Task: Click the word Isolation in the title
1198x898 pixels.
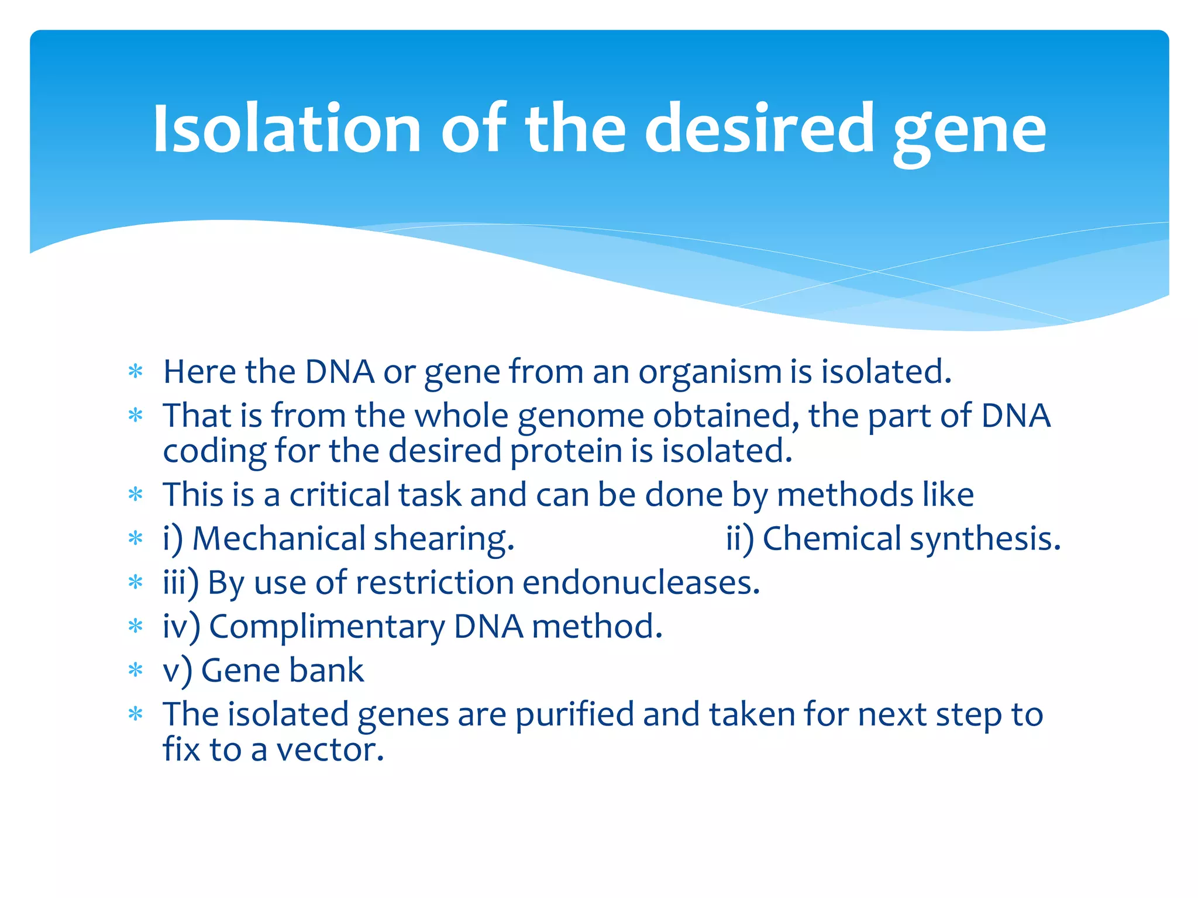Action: coord(287,129)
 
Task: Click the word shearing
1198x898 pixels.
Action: coord(444,540)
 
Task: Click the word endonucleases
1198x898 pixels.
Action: coord(641,583)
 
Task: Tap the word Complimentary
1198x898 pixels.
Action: coord(327,627)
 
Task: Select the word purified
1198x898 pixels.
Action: coord(574,715)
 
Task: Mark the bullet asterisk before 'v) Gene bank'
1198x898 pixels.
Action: coord(136,670)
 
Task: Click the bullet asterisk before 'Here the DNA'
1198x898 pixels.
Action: coord(136,372)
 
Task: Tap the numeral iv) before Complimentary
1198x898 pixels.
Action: coord(181,627)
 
